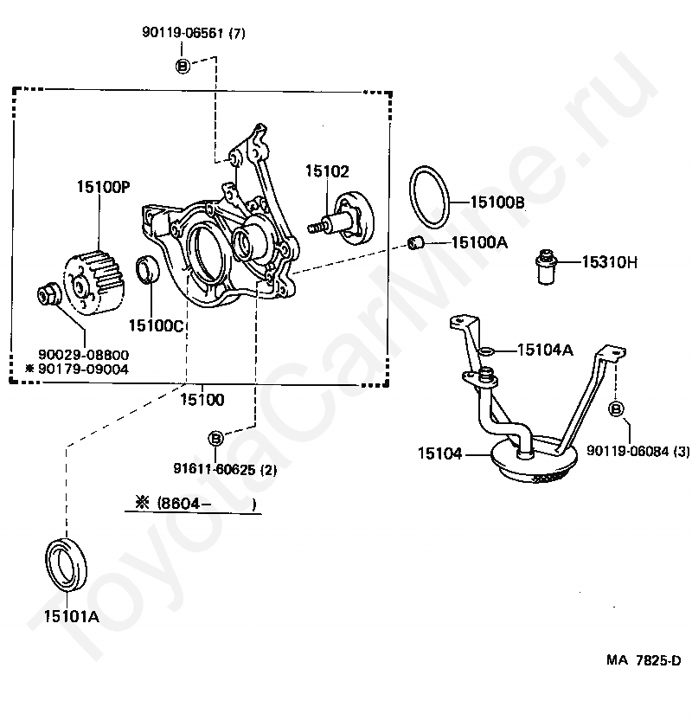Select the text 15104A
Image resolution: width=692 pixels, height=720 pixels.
coord(546,350)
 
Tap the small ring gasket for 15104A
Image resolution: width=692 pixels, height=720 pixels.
coord(487,351)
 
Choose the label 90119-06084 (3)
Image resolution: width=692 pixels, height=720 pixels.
coord(638,451)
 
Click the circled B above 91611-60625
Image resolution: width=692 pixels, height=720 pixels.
coord(215,439)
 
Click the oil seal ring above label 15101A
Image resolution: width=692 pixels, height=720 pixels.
coord(66,568)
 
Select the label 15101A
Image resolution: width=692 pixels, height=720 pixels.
coord(72,617)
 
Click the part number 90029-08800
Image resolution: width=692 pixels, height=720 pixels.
coord(83,355)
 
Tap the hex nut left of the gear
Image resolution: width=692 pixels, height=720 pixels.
coord(48,294)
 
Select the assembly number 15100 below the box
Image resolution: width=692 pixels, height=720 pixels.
coord(202,400)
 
